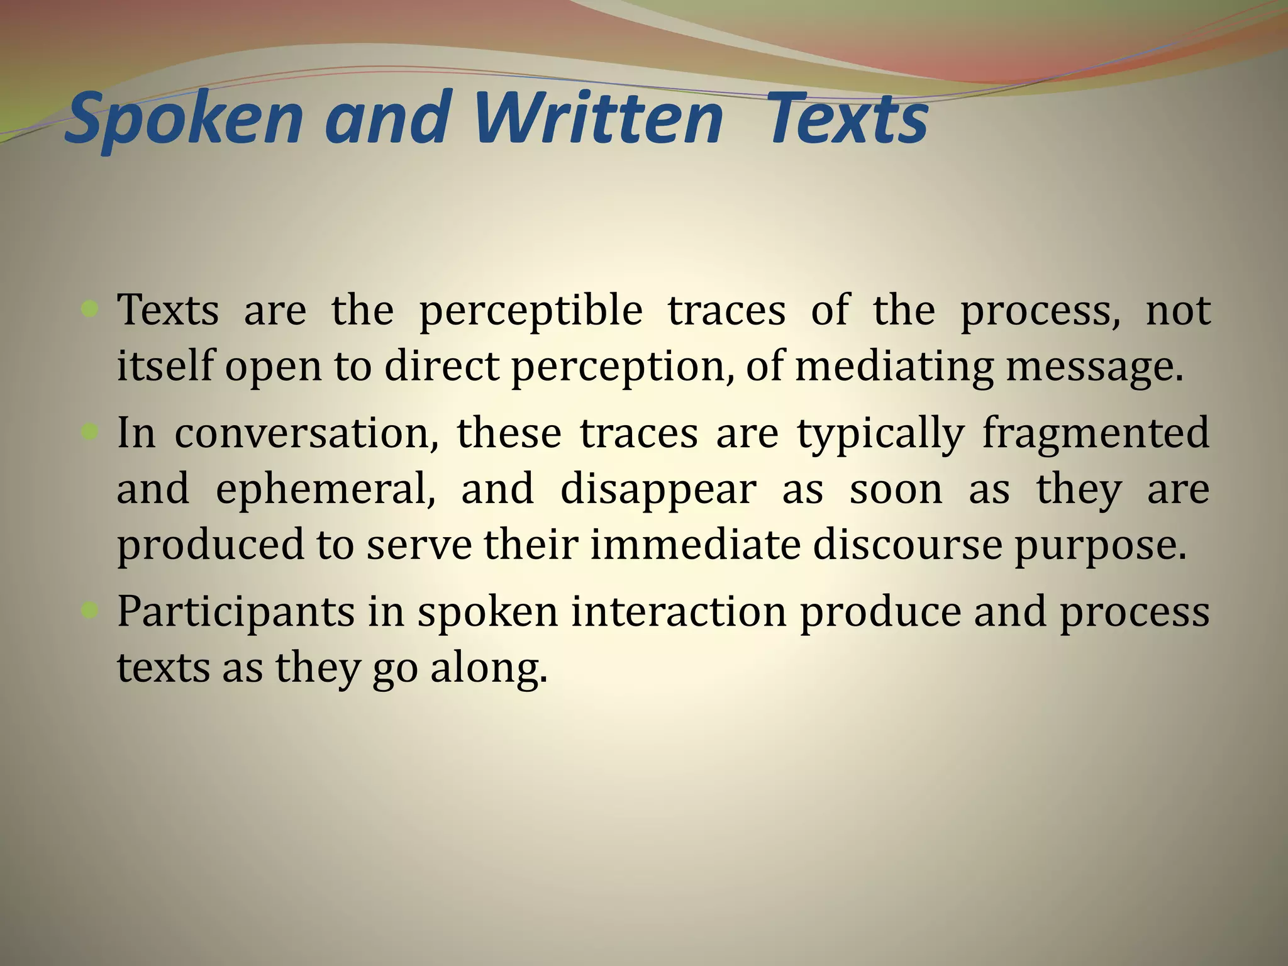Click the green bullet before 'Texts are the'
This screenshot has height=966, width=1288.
[90, 309]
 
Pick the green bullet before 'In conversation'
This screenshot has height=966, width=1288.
[90, 431]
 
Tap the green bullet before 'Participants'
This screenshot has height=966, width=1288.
[90, 609]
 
